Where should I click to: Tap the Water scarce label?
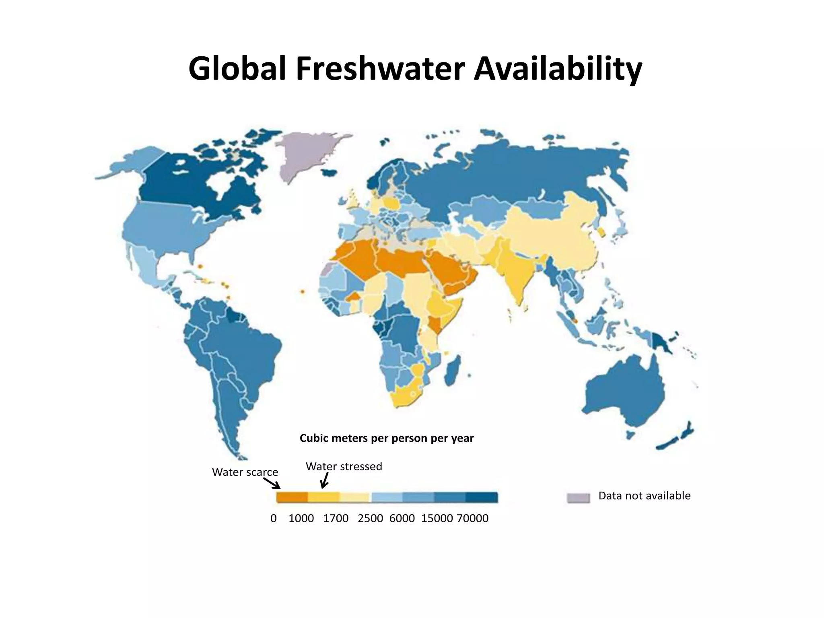pos(245,472)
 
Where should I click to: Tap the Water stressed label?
pos(344,466)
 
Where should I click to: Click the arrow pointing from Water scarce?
pos(272,483)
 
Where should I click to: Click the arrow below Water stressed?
pos(325,480)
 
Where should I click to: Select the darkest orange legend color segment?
pos(292,498)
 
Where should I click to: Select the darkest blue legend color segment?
pos(482,498)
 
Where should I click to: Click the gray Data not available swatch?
pos(578,498)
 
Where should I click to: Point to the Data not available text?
pos(644,496)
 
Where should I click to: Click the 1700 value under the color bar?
pos(336,518)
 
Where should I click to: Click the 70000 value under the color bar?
pos(472,518)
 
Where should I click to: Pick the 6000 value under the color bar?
pos(402,518)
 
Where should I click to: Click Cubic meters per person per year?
pos(387,438)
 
